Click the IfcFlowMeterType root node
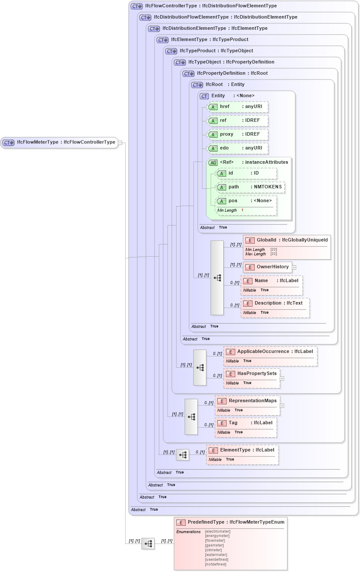pyautogui.click(x=59, y=142)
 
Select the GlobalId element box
pyautogui.click(x=287, y=240)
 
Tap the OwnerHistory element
pyautogui.click(x=268, y=267)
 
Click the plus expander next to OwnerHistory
pyautogui.click(x=294, y=267)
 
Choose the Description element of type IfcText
pyautogui.click(x=275, y=303)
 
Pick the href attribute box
pyautogui.click(x=238, y=107)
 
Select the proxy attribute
pyautogui.click(x=238, y=134)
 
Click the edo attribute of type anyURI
pyautogui.click(x=238, y=148)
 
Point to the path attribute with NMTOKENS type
pyautogui.click(x=250, y=187)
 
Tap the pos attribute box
pyautogui.click(x=246, y=201)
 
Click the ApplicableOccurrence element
pyautogui.click(x=270, y=352)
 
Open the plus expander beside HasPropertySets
pyautogui.click(x=282, y=378)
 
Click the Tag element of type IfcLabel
pyautogui.click(x=246, y=423)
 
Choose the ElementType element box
pyautogui.click(x=242, y=450)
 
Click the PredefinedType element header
pyautogui.click(x=231, y=522)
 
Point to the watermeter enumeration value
pyautogui.click(x=216, y=555)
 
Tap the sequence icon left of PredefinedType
pyautogui.click(x=148, y=543)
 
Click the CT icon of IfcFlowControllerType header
pyautogui.click(x=137, y=6)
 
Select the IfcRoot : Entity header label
pyautogui.click(x=225, y=85)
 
